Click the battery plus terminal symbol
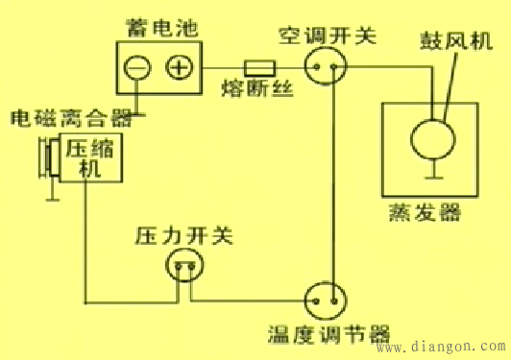coord(179,67)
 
